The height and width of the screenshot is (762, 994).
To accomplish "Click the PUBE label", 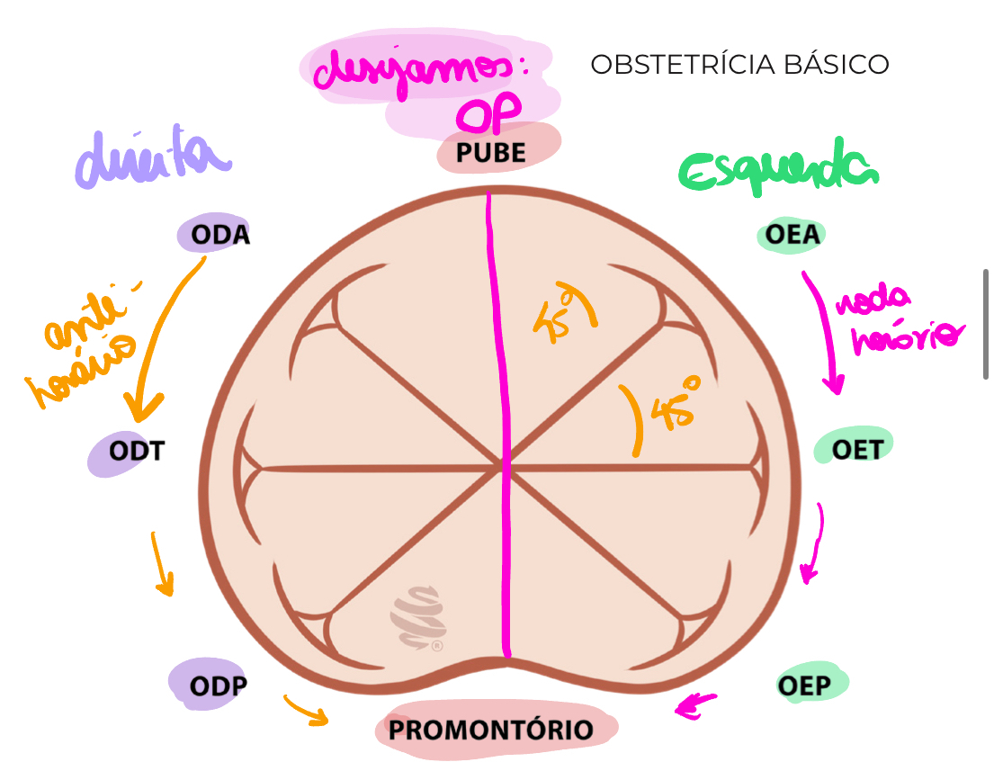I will [x=491, y=152].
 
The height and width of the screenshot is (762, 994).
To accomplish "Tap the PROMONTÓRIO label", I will [x=491, y=730].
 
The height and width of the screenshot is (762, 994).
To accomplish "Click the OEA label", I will [x=793, y=235].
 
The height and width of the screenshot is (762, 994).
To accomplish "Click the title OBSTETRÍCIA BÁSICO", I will [x=739, y=65].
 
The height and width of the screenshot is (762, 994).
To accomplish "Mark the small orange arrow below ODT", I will [x=161, y=563].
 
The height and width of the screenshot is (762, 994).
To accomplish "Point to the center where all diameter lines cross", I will [x=503, y=466].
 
